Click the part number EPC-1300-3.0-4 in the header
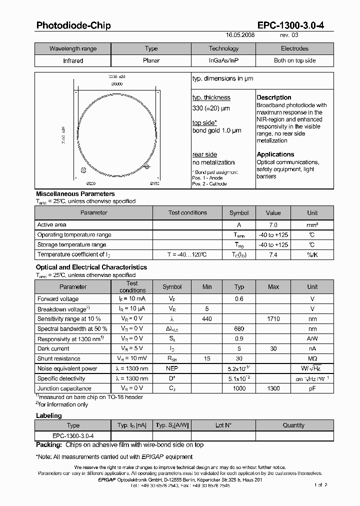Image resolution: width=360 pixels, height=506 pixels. (290, 25)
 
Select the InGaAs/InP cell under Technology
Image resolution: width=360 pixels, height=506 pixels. (223, 60)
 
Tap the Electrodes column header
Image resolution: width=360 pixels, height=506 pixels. (294, 48)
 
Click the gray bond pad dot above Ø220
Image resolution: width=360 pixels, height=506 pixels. (83, 170)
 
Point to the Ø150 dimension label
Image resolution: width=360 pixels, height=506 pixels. (154, 184)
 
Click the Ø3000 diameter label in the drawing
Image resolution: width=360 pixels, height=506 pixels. (116, 84)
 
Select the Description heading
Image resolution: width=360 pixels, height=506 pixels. (273, 97)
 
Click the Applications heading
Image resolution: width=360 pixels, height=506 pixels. (275, 154)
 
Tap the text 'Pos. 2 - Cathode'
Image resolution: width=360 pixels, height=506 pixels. (209, 184)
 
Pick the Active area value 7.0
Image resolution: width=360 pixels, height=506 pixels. (273, 225)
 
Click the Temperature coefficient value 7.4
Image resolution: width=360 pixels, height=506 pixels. (273, 255)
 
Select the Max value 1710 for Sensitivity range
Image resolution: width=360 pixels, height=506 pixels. (273, 319)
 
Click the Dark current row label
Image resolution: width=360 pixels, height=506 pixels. (53, 348)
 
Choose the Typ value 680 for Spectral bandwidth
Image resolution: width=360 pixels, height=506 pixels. (239, 329)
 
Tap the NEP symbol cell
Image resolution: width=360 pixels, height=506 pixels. (172, 368)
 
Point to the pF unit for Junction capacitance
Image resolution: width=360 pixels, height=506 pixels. (312, 388)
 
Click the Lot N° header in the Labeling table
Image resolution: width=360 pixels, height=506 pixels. (223, 425)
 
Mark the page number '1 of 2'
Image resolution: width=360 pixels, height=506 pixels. (319, 485)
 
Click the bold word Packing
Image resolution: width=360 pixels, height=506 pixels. (48, 445)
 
